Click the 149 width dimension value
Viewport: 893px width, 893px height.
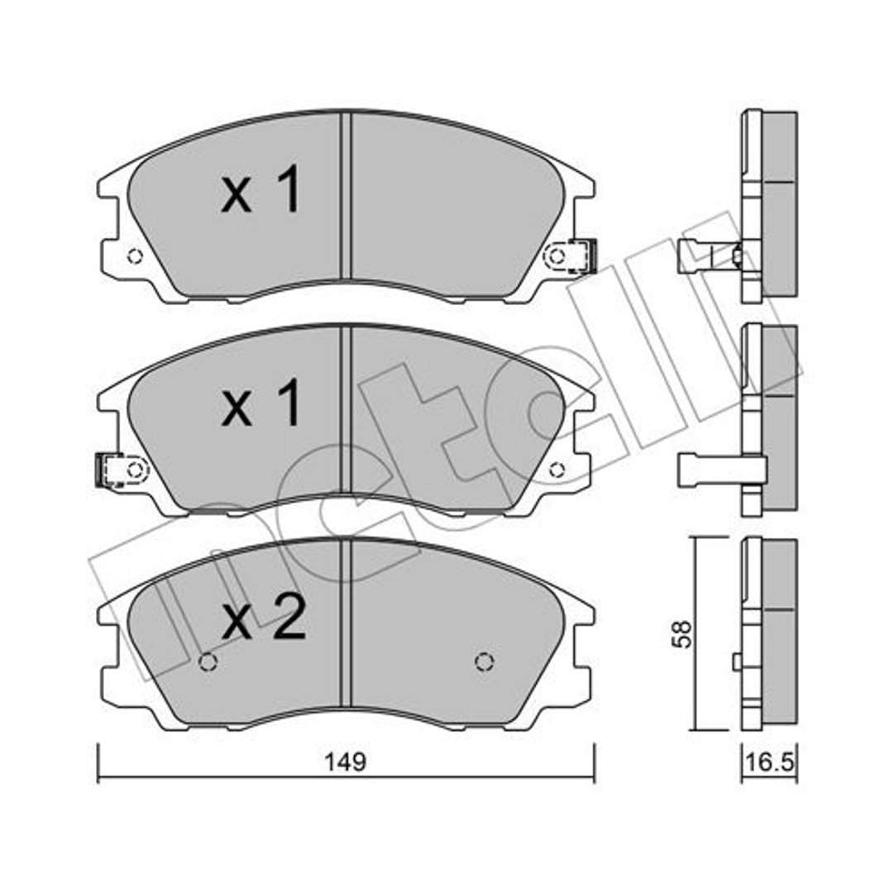[345, 762]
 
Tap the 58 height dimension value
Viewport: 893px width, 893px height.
[682, 633]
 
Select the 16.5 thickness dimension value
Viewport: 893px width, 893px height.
[770, 762]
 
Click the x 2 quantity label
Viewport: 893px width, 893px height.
[264, 618]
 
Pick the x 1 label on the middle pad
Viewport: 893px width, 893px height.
[260, 403]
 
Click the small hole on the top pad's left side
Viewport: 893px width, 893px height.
[135, 256]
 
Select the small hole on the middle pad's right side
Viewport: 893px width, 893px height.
[557, 470]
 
